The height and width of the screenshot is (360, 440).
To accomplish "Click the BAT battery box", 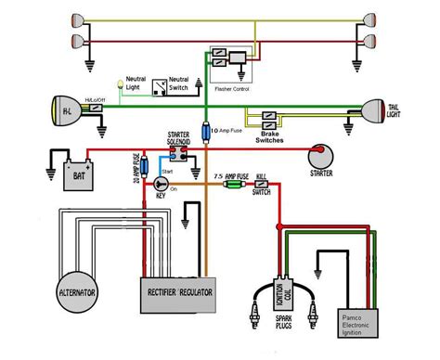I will (x=73, y=171).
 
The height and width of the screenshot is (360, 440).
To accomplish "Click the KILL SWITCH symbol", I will (x=263, y=186).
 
